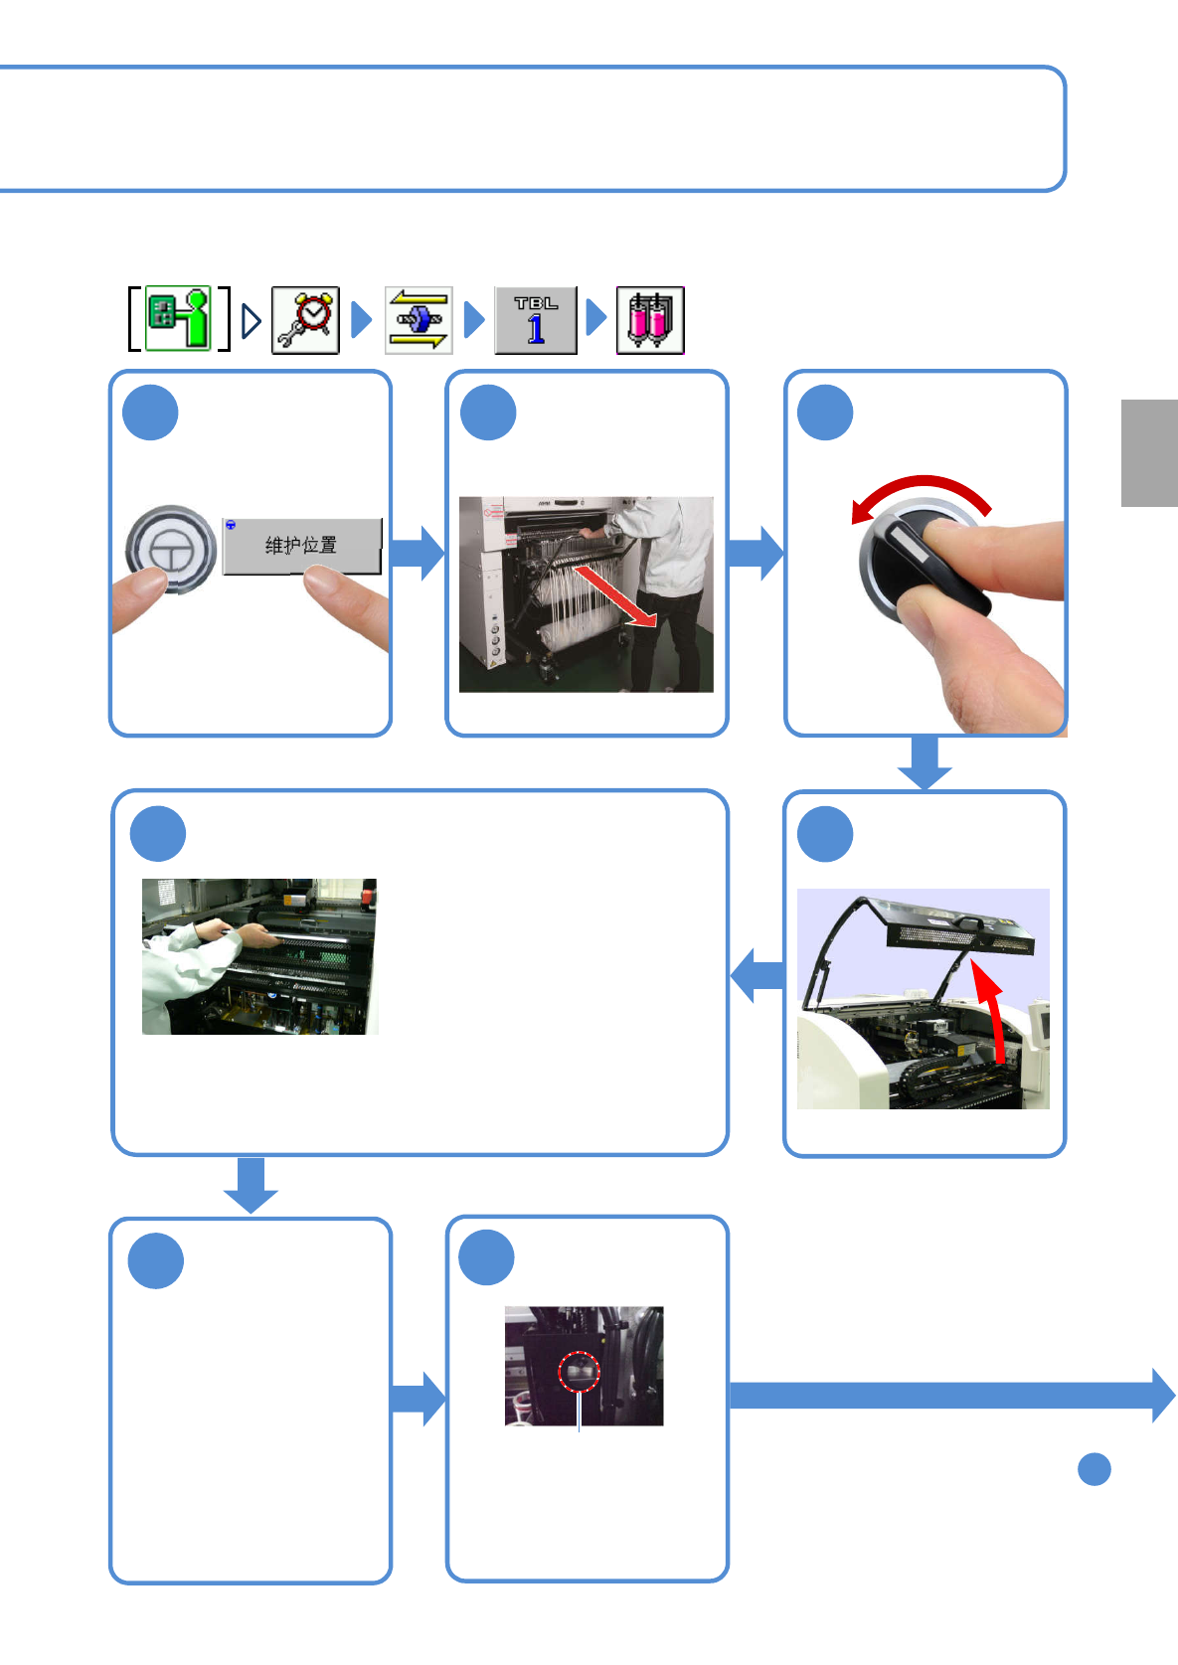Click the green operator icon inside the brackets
tap(178, 318)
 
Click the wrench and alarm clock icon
tap(305, 320)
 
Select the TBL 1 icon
tap(536, 320)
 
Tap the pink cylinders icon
tap(650, 320)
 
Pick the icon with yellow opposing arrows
tap(419, 320)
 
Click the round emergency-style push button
tap(171, 550)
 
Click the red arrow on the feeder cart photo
tap(614, 596)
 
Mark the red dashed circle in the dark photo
tap(579, 1372)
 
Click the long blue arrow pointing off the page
tap(952, 1396)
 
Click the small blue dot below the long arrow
tap(1094, 1469)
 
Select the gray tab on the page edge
tap(1150, 452)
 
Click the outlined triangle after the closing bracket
tap(252, 321)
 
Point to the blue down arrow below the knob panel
tap(925, 762)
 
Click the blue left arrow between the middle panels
tap(757, 975)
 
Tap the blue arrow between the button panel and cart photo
tap(418, 553)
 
